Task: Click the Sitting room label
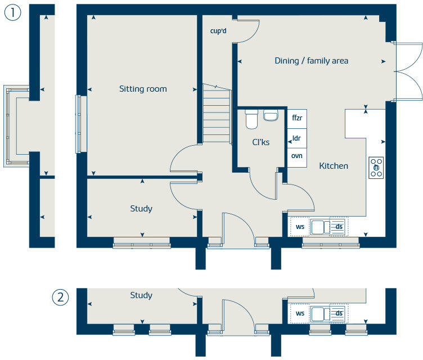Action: point(143,89)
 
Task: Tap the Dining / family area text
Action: point(311,61)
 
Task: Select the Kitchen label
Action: point(334,166)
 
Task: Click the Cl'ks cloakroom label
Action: point(260,142)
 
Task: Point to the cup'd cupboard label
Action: point(218,31)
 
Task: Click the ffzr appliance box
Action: point(297,119)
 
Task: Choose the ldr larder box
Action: point(297,138)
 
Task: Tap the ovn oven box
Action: point(297,157)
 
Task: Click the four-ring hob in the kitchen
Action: point(376,168)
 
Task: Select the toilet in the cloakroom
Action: point(251,119)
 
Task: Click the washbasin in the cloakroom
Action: point(271,115)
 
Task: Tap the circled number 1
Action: point(13,13)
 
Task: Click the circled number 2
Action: point(60,298)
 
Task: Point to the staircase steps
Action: point(217,113)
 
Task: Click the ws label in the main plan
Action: point(300,227)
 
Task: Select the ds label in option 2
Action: point(339,313)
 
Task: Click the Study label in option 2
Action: point(141,295)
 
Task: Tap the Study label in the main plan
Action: point(141,209)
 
